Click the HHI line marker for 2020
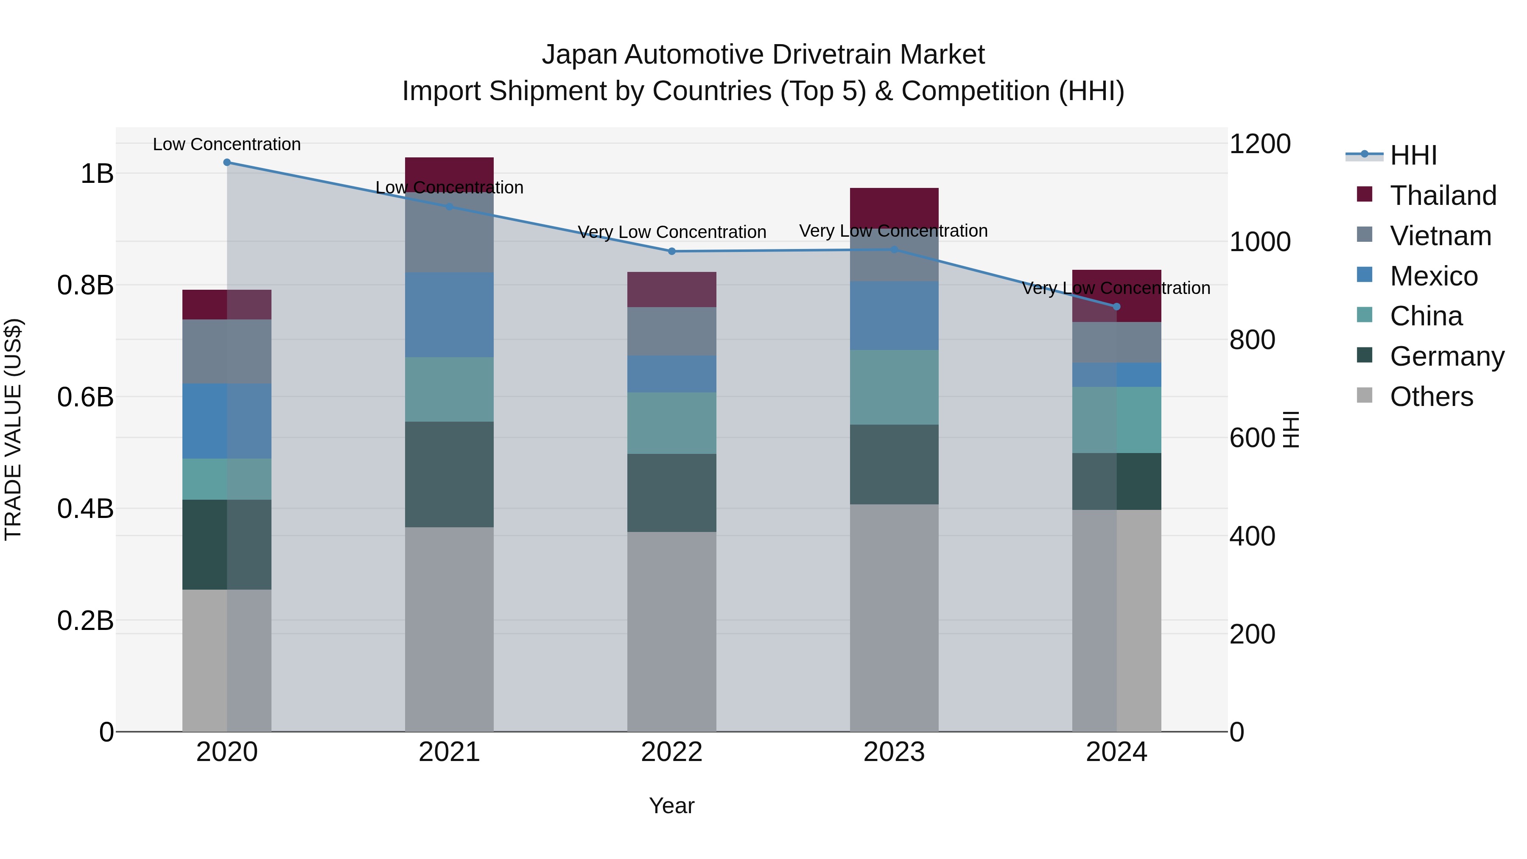tap(227, 162)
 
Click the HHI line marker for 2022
tap(671, 252)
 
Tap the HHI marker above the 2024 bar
tap(1116, 307)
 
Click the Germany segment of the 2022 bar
tap(671, 492)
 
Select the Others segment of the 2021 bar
tap(449, 628)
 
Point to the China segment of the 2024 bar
tap(1116, 420)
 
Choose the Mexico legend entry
tap(1433, 276)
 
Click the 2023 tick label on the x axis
tap(894, 752)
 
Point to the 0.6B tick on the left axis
tap(85, 397)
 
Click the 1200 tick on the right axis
tap(1260, 144)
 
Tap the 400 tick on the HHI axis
tap(1252, 536)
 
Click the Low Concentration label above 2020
tap(227, 144)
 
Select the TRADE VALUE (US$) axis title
tap(13, 429)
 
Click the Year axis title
tap(671, 806)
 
